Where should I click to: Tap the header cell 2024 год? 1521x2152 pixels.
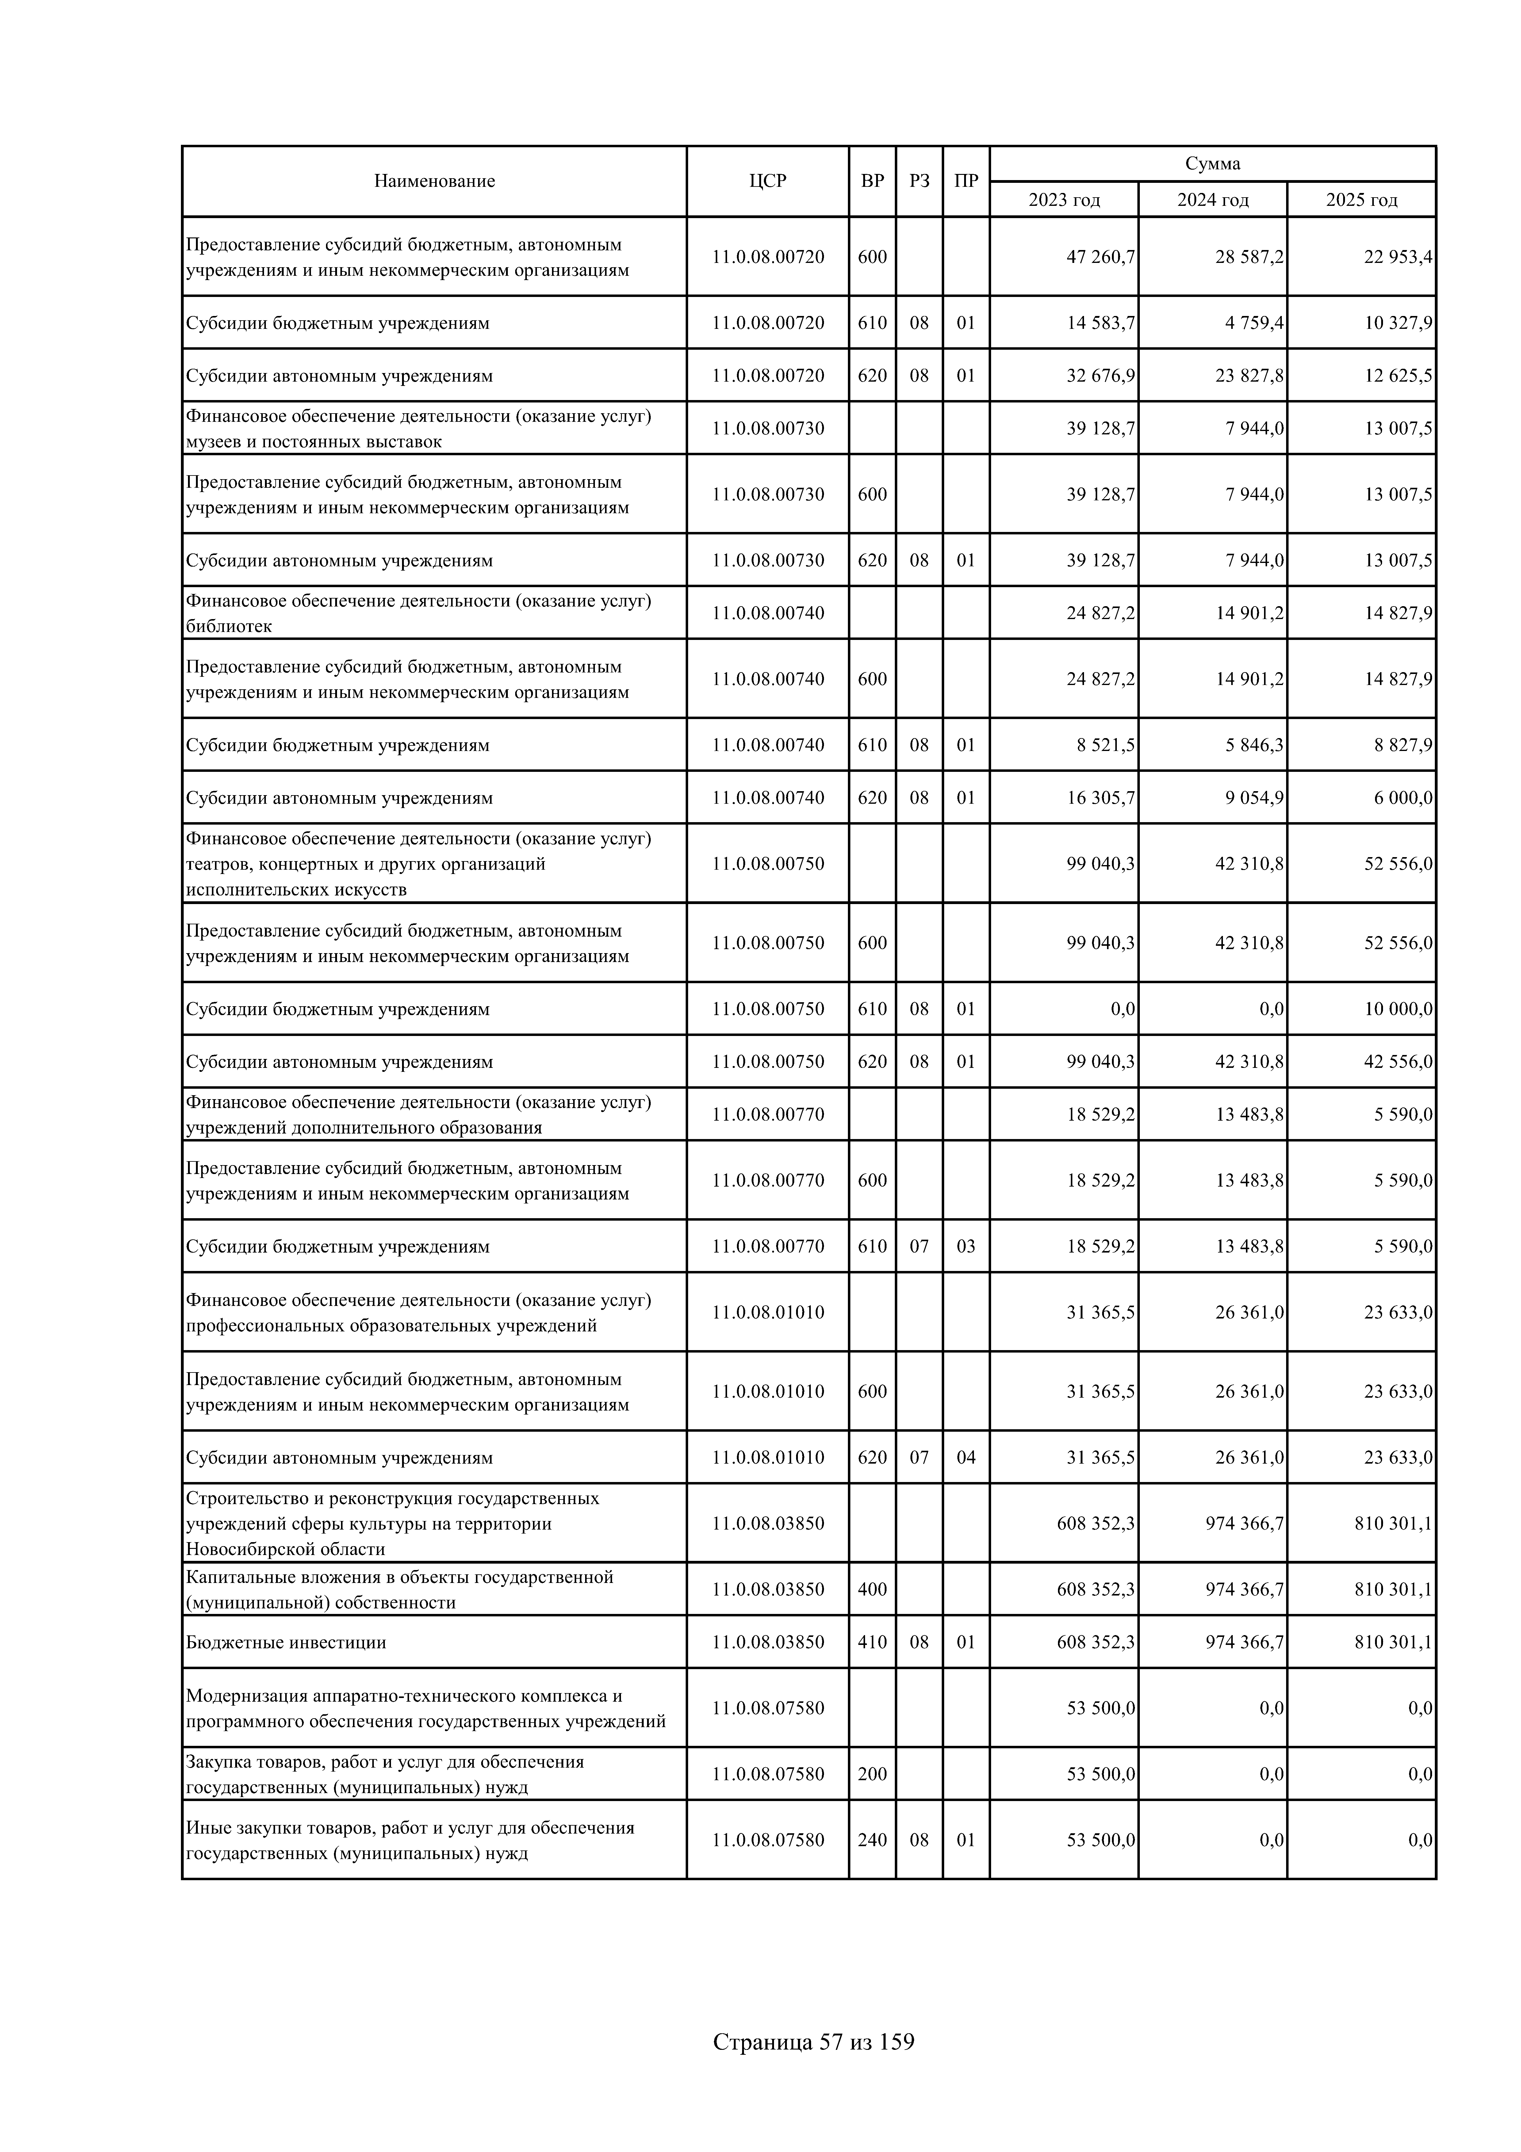point(1213,200)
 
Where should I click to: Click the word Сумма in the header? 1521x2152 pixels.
point(1213,164)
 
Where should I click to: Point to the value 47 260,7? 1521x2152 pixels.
point(1100,257)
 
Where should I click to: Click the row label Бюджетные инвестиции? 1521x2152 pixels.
point(286,1642)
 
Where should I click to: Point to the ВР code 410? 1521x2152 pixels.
point(872,1642)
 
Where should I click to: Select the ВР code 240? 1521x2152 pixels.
point(872,1840)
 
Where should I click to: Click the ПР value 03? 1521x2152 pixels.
point(965,1247)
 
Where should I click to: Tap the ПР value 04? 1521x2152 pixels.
point(965,1457)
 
